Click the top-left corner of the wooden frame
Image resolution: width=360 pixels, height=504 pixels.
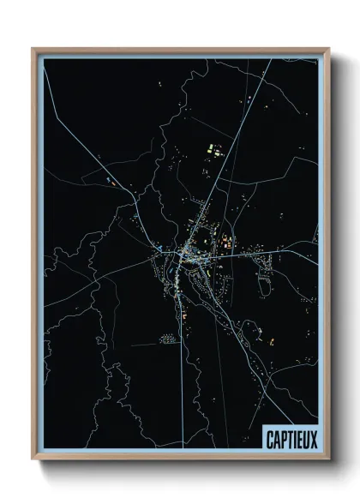pyautogui.click(x=33, y=49)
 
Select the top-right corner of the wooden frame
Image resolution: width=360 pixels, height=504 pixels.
pyautogui.click(x=327, y=49)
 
